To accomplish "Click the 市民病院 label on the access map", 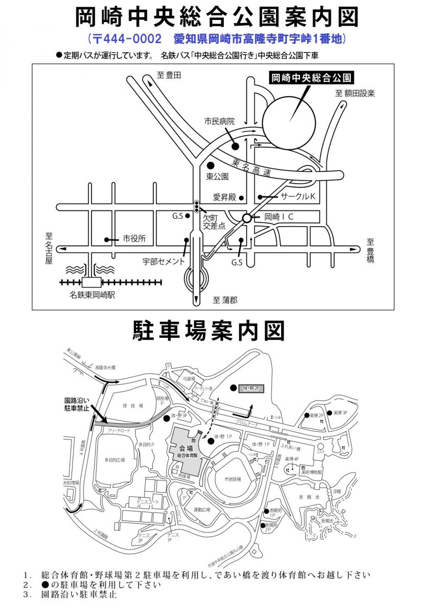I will pyautogui.click(x=219, y=122).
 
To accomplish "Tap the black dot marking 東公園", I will pyautogui.click(x=210, y=165).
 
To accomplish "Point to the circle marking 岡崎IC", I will pyautogui.click(x=247, y=217).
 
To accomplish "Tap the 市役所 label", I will pyautogui.click(x=134, y=239).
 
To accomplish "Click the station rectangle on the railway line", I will pyautogui.click(x=93, y=282).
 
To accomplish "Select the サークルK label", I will pyautogui.click(x=299, y=196).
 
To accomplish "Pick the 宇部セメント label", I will pyautogui.click(x=163, y=261).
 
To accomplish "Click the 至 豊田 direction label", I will pyautogui.click(x=169, y=76).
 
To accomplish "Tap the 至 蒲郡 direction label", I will pyautogui.click(x=225, y=300).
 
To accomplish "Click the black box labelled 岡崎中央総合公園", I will pyautogui.click(x=311, y=78).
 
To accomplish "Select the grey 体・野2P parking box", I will pyautogui.click(x=252, y=389).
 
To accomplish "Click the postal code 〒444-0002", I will pyautogui.click(x=125, y=39).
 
